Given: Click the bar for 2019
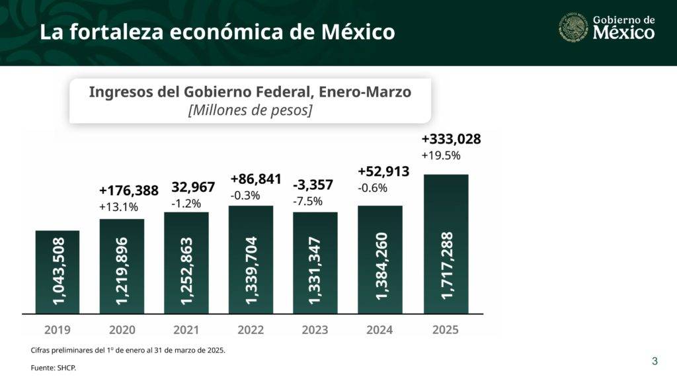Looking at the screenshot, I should tap(58, 271).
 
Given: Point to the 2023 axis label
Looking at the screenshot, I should tap(315, 329).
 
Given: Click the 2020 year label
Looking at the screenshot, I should tap(122, 329).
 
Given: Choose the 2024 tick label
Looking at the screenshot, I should tap(379, 329).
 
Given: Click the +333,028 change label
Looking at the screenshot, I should tap(451, 139).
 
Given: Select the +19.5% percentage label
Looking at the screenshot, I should tap(440, 156).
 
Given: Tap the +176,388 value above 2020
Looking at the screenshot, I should tap(129, 190).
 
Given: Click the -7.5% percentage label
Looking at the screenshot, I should tap(307, 201).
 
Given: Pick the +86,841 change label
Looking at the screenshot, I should tap(256, 179).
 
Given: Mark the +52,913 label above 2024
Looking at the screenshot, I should tap(383, 171).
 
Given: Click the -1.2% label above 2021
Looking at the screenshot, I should tap(186, 203).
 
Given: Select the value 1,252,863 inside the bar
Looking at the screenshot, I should tap(186, 270).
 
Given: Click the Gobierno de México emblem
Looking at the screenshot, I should tap(573, 28).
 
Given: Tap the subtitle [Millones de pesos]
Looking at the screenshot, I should tap(250, 110).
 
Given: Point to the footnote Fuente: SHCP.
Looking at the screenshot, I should tap(54, 368).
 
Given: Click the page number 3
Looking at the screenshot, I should tap(655, 361).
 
